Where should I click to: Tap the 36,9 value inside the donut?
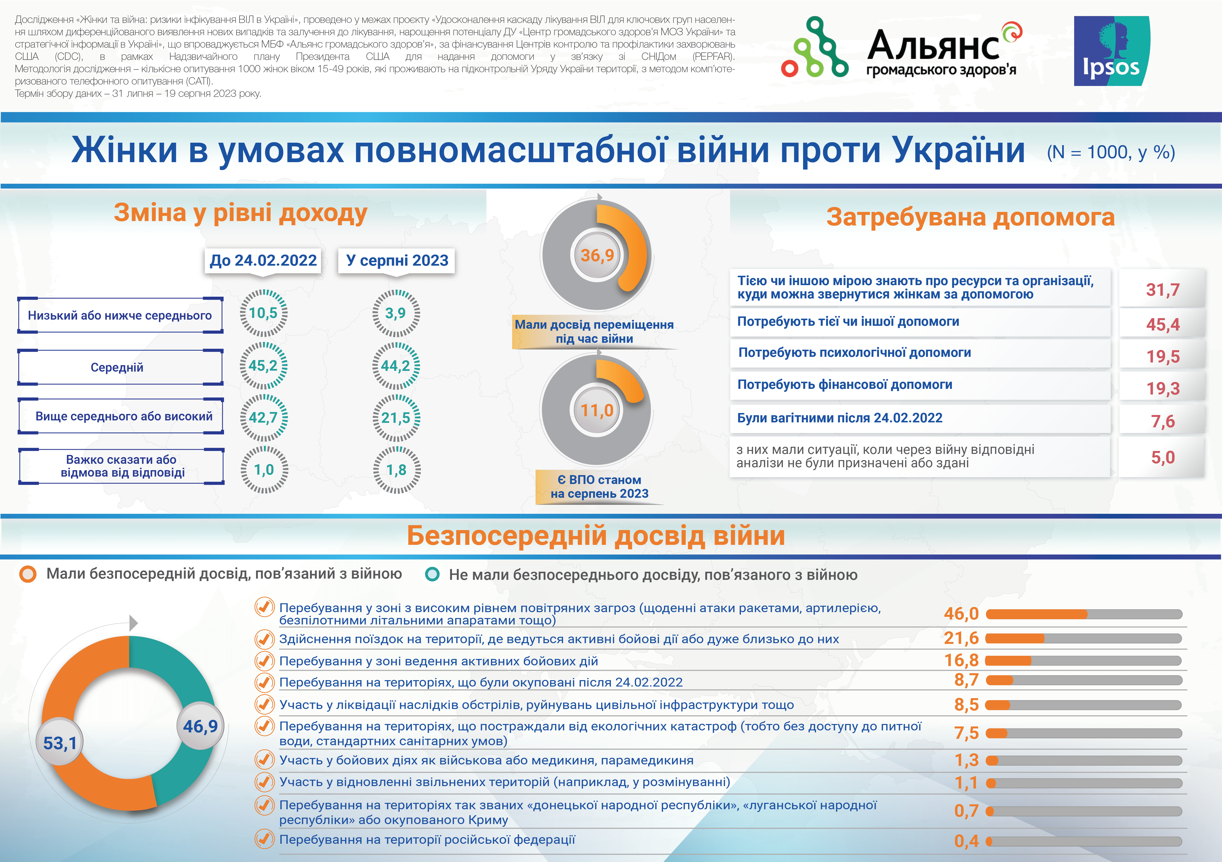pyautogui.click(x=597, y=255)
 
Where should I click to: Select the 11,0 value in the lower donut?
pyautogui.click(x=597, y=410)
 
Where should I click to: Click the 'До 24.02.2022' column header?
pyautogui.click(x=263, y=260)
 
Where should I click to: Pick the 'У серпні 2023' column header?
pyautogui.click(x=397, y=260)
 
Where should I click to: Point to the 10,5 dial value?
pyautogui.click(x=263, y=313)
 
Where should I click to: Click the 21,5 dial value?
pyautogui.click(x=396, y=418)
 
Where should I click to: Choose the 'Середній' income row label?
pyautogui.click(x=117, y=367)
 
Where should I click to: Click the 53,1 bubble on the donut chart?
pyautogui.click(x=60, y=743)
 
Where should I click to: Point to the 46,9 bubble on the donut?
pyautogui.click(x=200, y=726)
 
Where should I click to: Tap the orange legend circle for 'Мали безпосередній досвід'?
pyautogui.click(x=28, y=574)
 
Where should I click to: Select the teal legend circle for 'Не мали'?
pyautogui.click(x=432, y=574)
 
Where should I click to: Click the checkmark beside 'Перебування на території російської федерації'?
pyautogui.click(x=264, y=839)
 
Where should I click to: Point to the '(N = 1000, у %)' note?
pyautogui.click(x=1111, y=153)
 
